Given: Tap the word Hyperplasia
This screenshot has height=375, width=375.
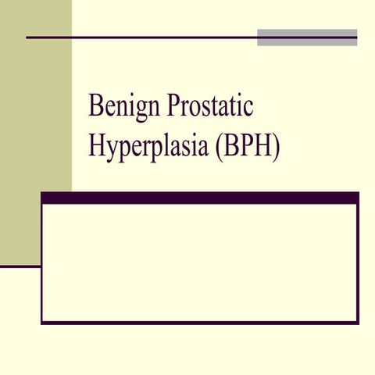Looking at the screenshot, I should coord(146,146).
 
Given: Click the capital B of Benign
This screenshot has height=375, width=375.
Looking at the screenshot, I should coord(96,105).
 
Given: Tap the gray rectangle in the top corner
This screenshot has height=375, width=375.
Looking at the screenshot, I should coord(307,37).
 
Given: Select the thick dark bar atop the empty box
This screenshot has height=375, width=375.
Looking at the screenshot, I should coord(199,198).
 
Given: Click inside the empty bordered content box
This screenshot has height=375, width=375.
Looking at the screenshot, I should coord(199,262).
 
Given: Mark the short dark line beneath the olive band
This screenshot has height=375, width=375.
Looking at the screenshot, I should coord(20,266).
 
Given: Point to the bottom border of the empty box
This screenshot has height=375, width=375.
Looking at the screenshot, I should coord(199,322).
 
